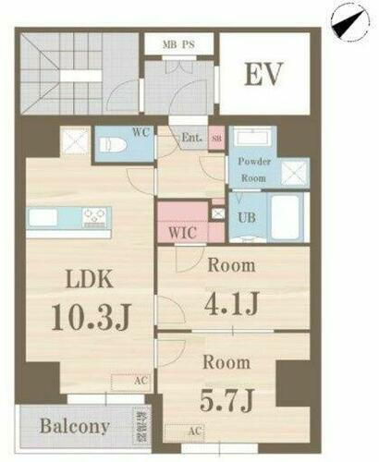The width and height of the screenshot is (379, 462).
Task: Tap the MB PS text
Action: click(177, 43)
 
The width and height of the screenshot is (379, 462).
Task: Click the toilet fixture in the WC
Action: click(110, 144)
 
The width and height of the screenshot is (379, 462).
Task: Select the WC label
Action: click(141, 132)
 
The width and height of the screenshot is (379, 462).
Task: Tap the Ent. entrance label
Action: click(191, 139)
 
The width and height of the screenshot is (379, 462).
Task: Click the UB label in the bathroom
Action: click(247, 218)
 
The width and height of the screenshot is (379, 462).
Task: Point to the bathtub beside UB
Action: click(284, 214)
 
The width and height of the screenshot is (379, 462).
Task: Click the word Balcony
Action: click(75, 427)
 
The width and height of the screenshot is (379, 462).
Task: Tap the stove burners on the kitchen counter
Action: click(96, 217)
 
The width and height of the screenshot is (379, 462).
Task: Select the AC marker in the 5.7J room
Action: click(195, 431)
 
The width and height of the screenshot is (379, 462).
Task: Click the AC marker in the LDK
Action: click(135, 380)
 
